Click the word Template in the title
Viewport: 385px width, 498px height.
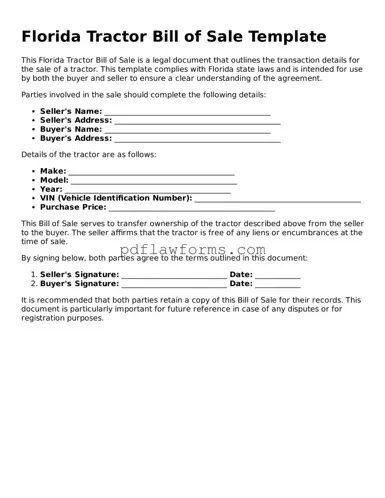coord(280,37)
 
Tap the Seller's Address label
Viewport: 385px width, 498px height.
coord(76,120)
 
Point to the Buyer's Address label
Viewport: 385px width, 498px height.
coord(75,139)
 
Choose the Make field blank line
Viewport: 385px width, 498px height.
coord(151,172)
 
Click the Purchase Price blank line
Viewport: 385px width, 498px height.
coord(190,207)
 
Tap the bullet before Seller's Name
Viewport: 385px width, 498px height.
coord(33,111)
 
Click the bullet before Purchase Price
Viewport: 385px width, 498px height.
coord(33,207)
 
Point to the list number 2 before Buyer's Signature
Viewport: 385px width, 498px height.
coord(33,284)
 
